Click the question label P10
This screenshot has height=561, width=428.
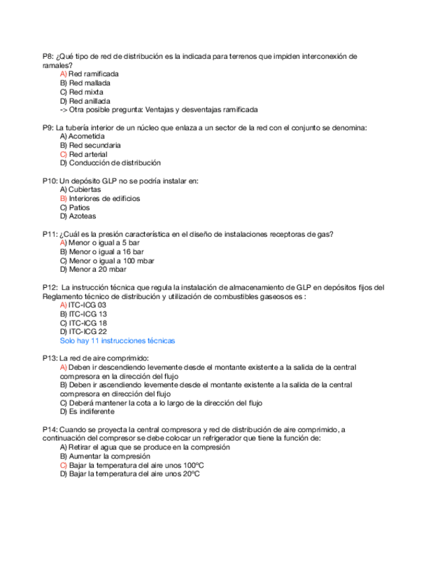(50, 181)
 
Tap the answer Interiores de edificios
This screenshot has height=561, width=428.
(104, 198)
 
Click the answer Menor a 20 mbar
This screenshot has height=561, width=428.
(97, 269)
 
